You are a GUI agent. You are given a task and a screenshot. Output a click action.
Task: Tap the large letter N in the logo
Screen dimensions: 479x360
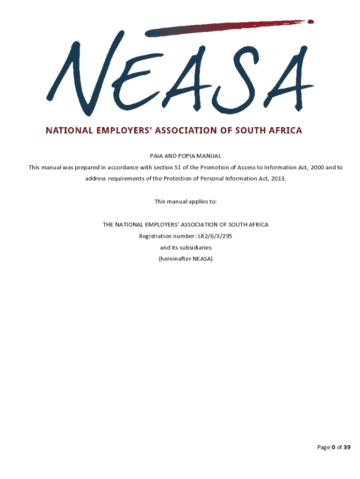pyautogui.click(x=77, y=75)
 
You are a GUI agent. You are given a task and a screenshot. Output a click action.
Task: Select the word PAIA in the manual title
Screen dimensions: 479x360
pyautogui.click(x=157, y=156)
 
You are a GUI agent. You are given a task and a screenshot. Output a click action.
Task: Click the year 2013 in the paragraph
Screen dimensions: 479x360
pyautogui.click(x=277, y=179)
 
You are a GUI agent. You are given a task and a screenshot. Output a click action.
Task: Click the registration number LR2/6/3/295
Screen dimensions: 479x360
pyautogui.click(x=215, y=236)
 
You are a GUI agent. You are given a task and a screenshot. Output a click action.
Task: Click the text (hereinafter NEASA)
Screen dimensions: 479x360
pyautogui.click(x=186, y=259)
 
